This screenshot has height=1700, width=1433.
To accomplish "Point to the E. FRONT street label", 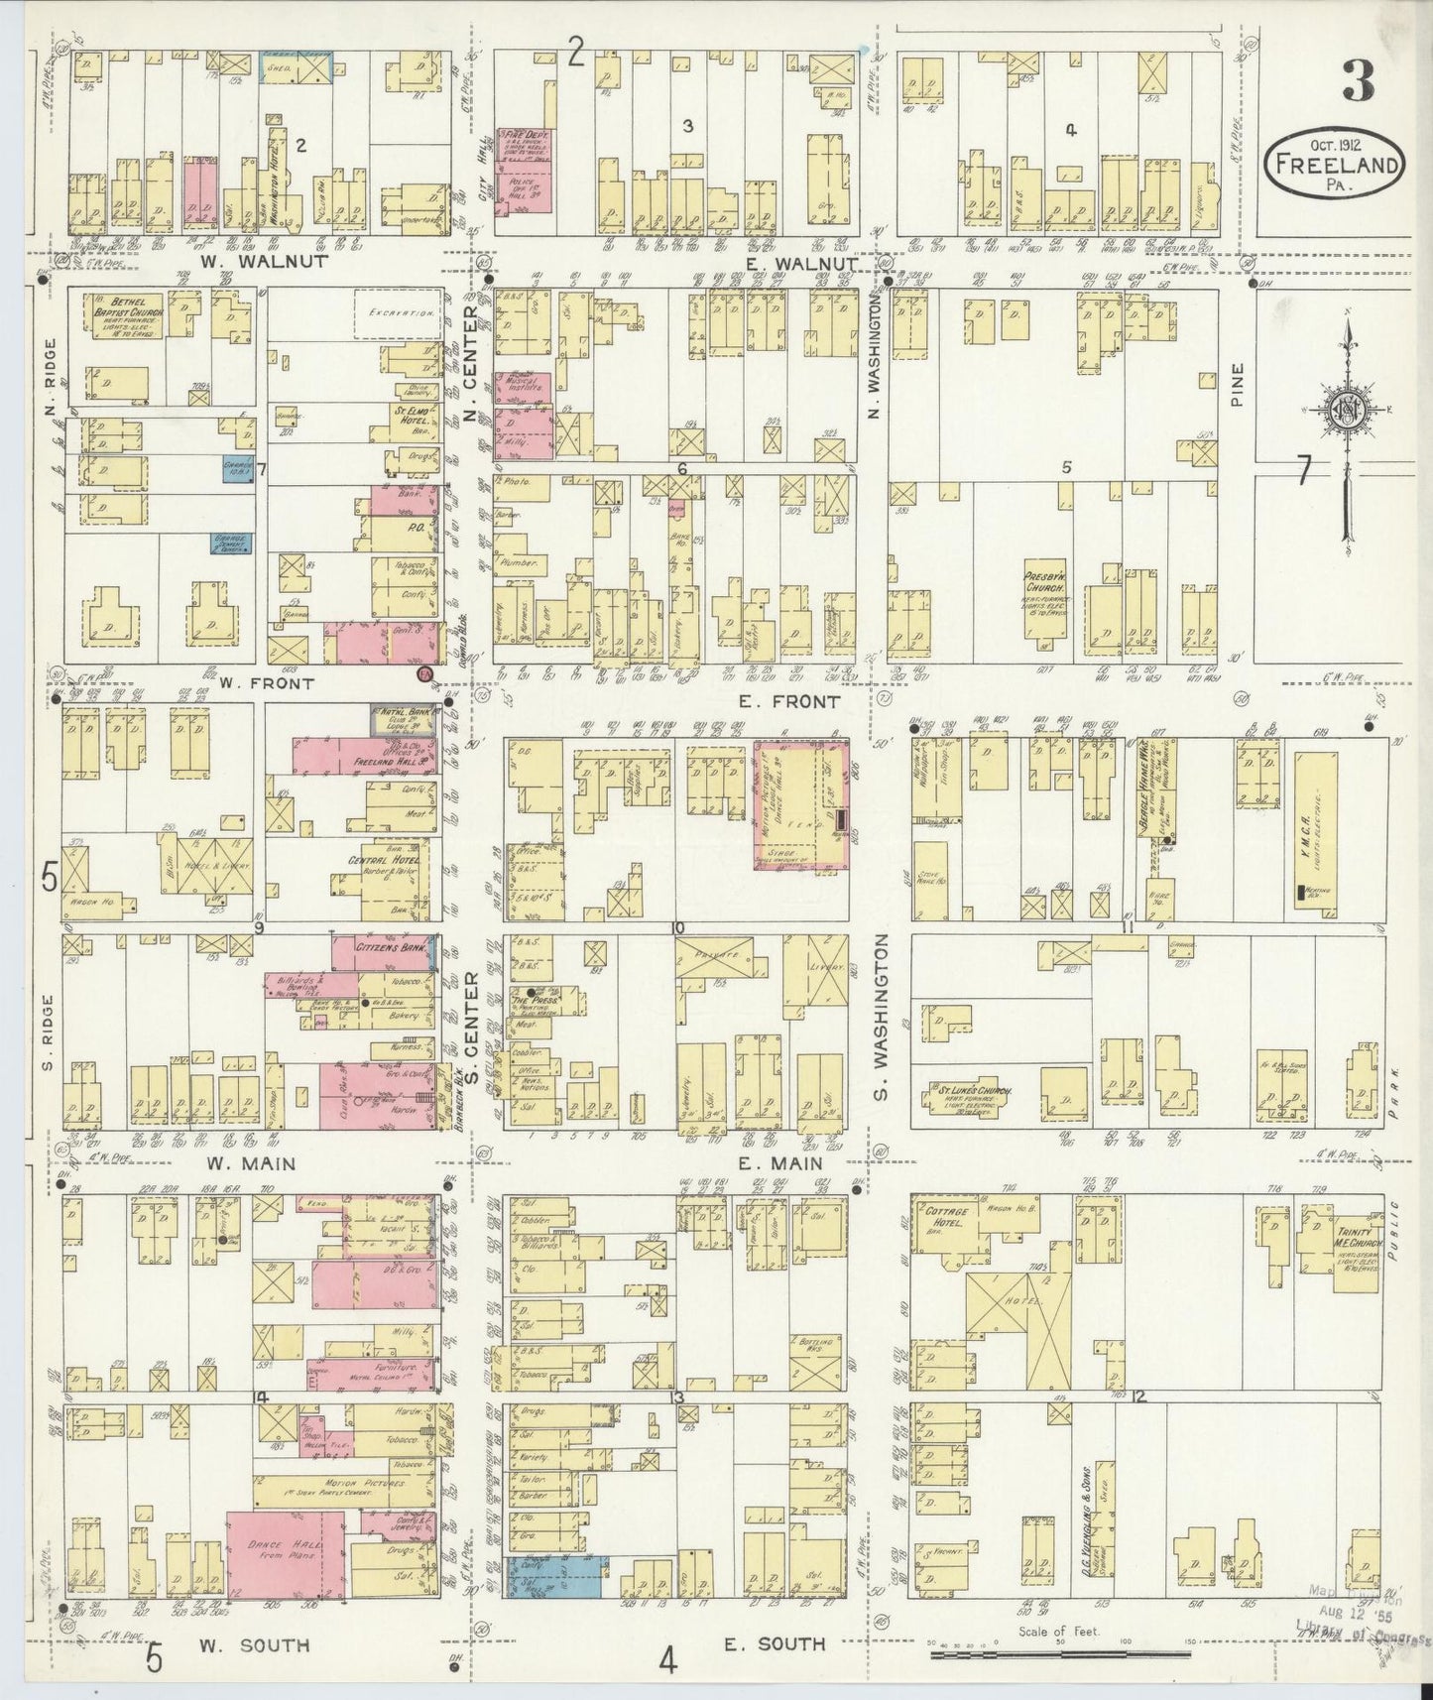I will click(x=789, y=700).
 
